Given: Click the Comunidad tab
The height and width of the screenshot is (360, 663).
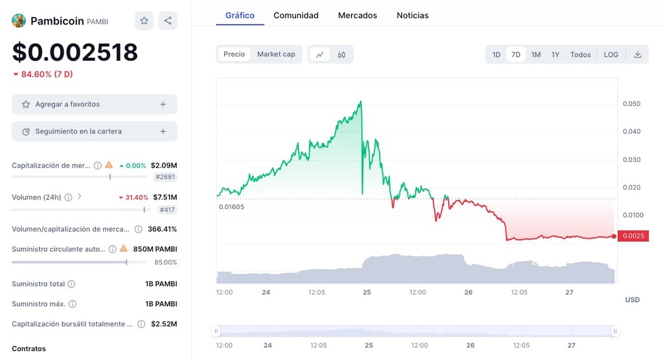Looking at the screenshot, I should pyautogui.click(x=296, y=15).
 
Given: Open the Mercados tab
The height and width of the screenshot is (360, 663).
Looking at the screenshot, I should pyautogui.click(x=357, y=15).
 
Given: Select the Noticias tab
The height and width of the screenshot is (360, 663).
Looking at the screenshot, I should pyautogui.click(x=412, y=15).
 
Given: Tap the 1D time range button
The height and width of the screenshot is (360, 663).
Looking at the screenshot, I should pyautogui.click(x=497, y=54).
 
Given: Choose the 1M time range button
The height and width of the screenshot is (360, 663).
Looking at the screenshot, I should pyautogui.click(x=536, y=54).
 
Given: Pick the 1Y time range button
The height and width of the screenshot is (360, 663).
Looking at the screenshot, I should pyautogui.click(x=556, y=54).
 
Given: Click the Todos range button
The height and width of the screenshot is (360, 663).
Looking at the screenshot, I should pyautogui.click(x=580, y=54).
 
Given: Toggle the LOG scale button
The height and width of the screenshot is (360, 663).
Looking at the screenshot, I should pyautogui.click(x=611, y=54).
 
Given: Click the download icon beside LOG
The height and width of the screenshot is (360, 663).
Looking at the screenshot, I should pyautogui.click(x=638, y=54).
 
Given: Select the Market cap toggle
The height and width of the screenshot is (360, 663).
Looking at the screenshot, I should pyautogui.click(x=276, y=54).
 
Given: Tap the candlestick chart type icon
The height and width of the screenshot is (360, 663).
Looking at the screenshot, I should pyautogui.click(x=341, y=55).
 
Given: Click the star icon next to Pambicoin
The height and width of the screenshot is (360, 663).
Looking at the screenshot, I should pyautogui.click(x=144, y=21).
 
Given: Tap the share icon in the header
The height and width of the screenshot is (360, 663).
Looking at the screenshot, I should pyautogui.click(x=168, y=21).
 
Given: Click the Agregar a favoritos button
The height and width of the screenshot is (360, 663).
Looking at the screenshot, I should pyautogui.click(x=95, y=104).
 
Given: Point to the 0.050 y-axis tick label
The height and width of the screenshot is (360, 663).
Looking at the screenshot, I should pyautogui.click(x=631, y=104).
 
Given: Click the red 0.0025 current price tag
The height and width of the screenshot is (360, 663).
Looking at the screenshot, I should pyautogui.click(x=634, y=236).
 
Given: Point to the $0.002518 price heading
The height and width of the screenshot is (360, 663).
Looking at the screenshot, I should pyautogui.click(x=75, y=52).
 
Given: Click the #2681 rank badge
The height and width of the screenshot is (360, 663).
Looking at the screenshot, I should pyautogui.click(x=165, y=177).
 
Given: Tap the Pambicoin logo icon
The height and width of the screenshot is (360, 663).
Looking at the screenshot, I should pyautogui.click(x=19, y=21).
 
